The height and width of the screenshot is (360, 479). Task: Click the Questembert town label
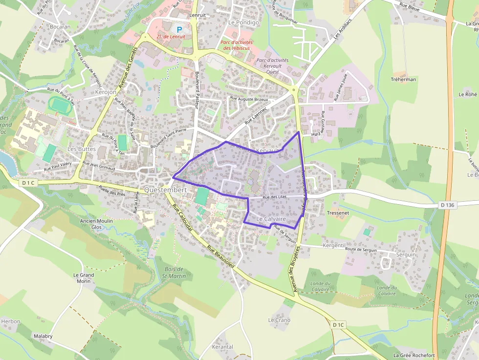(x=166, y=190)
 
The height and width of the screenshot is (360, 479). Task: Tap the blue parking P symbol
(x=179, y=30)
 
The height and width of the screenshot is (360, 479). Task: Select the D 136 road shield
(x=447, y=205)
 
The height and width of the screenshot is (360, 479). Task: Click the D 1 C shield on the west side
(x=29, y=183)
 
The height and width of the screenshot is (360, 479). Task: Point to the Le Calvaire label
(x=271, y=220)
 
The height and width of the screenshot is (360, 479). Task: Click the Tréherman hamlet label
(x=403, y=79)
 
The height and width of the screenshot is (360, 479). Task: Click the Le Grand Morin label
(x=84, y=278)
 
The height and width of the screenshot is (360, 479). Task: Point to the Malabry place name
(x=43, y=337)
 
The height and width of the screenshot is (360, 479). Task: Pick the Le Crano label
(x=279, y=320)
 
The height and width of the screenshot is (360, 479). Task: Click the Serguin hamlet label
(x=406, y=254)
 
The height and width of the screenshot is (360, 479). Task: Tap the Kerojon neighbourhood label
(x=106, y=92)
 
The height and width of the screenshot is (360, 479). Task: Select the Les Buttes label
(x=81, y=148)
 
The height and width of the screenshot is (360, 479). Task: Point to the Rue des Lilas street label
(x=274, y=197)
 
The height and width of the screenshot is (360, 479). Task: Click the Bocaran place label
(x=60, y=27)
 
